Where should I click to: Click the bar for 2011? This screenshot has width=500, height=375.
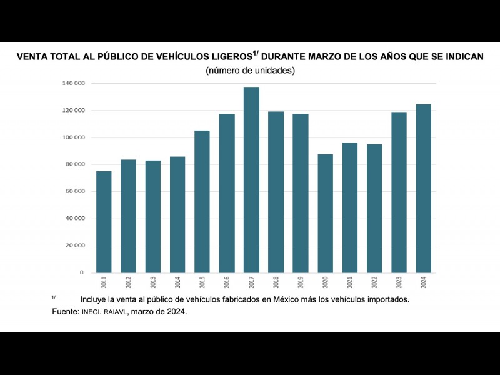(x=104, y=222)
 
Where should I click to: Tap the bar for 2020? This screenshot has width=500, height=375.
(x=325, y=213)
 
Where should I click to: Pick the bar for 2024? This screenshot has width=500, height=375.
(x=423, y=188)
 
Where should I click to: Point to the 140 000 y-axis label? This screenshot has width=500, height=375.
(x=74, y=83)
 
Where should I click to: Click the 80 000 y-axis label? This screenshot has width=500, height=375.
(x=74, y=164)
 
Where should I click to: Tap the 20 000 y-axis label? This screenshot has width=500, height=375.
(x=74, y=246)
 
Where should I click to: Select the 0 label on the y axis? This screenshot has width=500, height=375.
(x=81, y=273)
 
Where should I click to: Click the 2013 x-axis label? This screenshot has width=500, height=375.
(x=153, y=282)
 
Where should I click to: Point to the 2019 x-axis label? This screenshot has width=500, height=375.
(x=301, y=282)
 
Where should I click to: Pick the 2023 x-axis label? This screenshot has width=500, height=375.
(x=399, y=282)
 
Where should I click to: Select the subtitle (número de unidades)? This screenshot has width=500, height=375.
(x=250, y=71)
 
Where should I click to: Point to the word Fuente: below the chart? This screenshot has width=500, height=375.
(x=66, y=311)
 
